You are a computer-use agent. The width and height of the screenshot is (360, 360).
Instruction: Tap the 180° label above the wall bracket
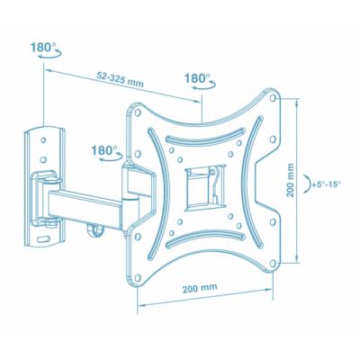coord(41,45)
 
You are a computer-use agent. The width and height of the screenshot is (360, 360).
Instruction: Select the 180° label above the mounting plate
coord(197,78)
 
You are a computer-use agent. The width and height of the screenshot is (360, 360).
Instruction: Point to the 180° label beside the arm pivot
coord(105,150)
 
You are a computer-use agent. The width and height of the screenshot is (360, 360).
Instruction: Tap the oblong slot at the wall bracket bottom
coord(48,238)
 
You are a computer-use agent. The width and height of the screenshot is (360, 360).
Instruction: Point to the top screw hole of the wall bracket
coord(44,136)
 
